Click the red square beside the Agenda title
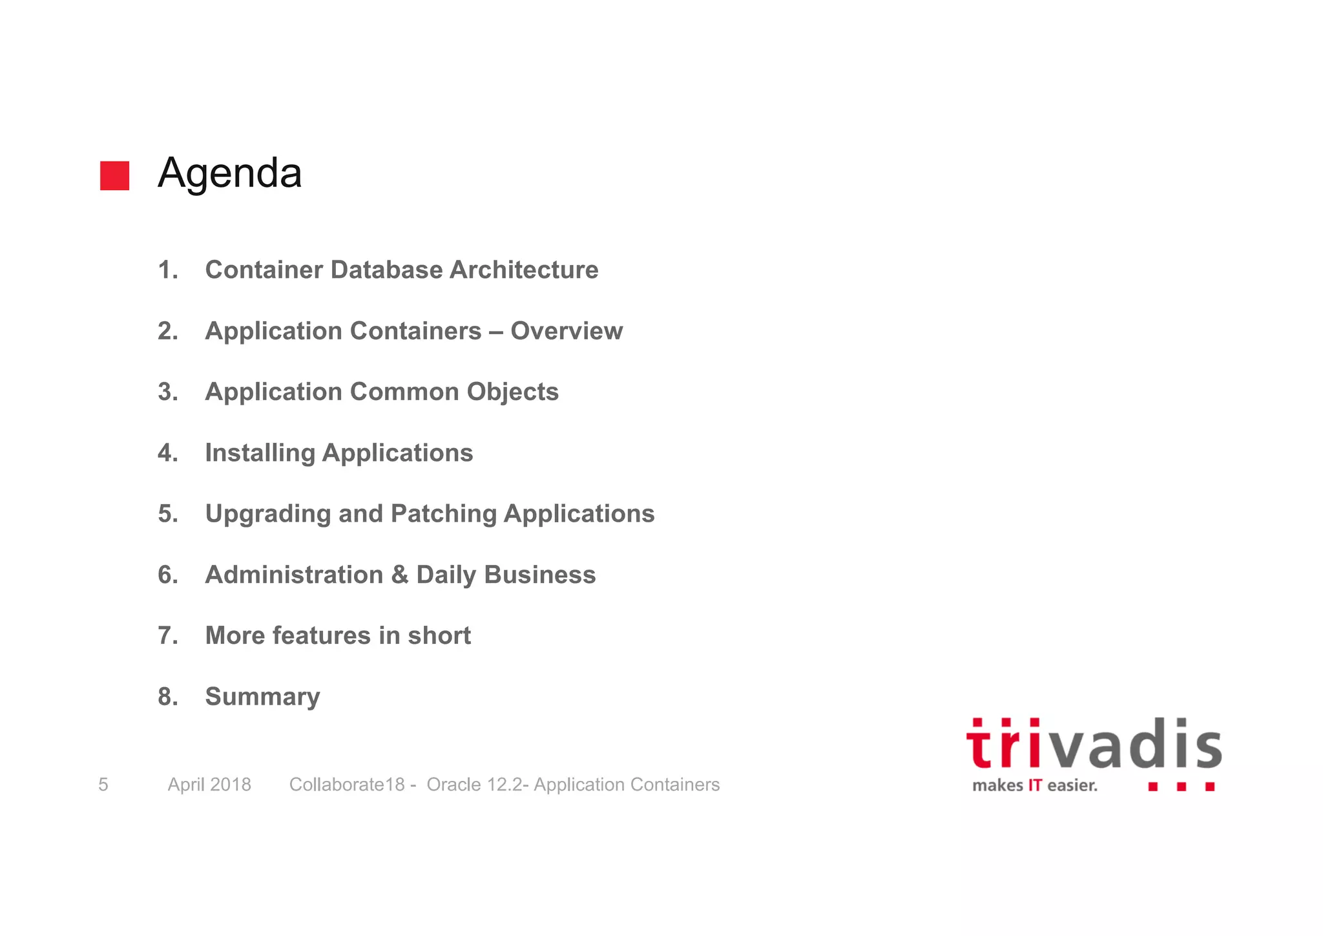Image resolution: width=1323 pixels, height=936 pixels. [x=114, y=176]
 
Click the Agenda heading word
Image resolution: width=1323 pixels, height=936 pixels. [x=229, y=173]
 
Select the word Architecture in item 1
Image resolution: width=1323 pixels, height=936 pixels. [x=524, y=270]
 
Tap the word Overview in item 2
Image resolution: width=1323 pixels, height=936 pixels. [x=567, y=331]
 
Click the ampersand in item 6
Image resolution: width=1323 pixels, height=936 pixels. [x=400, y=575]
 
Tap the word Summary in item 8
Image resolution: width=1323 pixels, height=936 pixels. [x=262, y=697]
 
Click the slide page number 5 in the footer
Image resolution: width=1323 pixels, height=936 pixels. [x=103, y=785]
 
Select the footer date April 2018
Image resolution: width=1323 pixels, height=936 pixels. [x=209, y=785]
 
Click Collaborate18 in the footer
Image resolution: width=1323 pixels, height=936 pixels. [x=347, y=785]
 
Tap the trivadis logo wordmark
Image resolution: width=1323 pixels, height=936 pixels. [x=1094, y=745]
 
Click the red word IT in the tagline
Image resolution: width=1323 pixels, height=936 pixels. [x=1035, y=786]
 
